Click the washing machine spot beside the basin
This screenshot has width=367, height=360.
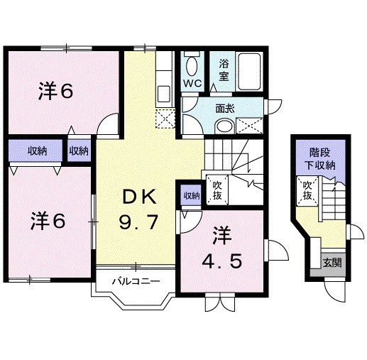click(251, 126)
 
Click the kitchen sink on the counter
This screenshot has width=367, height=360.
click(164, 93)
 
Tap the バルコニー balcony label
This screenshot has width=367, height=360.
click(133, 280)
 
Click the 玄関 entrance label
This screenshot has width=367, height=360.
click(331, 261)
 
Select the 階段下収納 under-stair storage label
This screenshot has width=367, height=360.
click(322, 158)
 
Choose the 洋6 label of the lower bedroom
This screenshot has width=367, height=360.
click(48, 221)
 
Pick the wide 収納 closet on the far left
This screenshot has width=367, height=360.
click(38, 151)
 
